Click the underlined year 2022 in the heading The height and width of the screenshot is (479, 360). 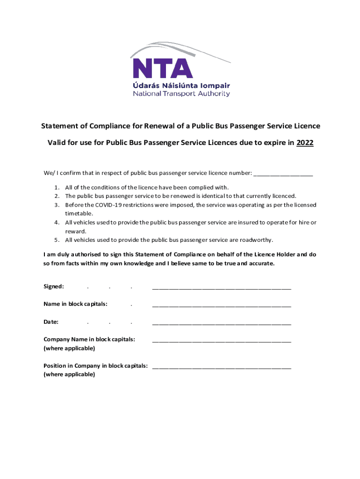[x=305, y=143]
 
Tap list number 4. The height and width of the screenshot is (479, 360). [x=56, y=223]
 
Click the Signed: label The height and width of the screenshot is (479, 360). [x=54, y=286]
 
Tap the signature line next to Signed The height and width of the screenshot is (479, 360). [x=222, y=287]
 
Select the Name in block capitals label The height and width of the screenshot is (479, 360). [x=75, y=304]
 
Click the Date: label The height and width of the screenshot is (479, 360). [x=51, y=322]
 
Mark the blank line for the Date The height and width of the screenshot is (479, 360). [x=222, y=323]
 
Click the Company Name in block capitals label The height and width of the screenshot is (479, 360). [x=89, y=339]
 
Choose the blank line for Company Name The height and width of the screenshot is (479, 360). [x=222, y=340]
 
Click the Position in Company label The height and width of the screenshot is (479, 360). [x=96, y=366]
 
